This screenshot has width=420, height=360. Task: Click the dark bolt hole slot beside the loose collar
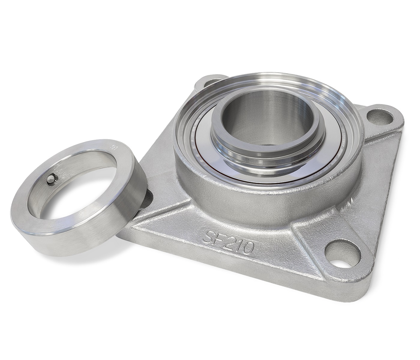[149, 198]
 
